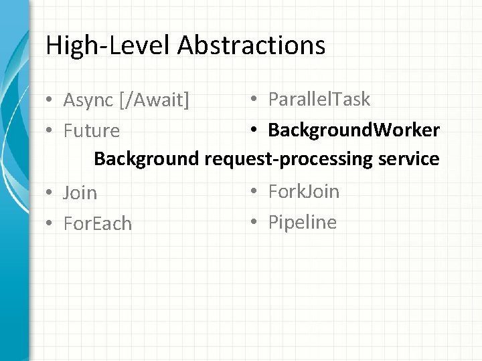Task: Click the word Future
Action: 92,130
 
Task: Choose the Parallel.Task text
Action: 319,100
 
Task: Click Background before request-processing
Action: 147,159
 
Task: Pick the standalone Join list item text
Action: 80,193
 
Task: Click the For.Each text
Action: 98,223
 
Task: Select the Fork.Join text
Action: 304,192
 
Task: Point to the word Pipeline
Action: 303,222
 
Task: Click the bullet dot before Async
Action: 50,101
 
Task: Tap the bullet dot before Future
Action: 50,131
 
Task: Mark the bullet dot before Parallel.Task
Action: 255,100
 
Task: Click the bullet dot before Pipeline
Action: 255,223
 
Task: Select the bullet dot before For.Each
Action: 50,224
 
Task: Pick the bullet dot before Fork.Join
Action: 255,193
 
